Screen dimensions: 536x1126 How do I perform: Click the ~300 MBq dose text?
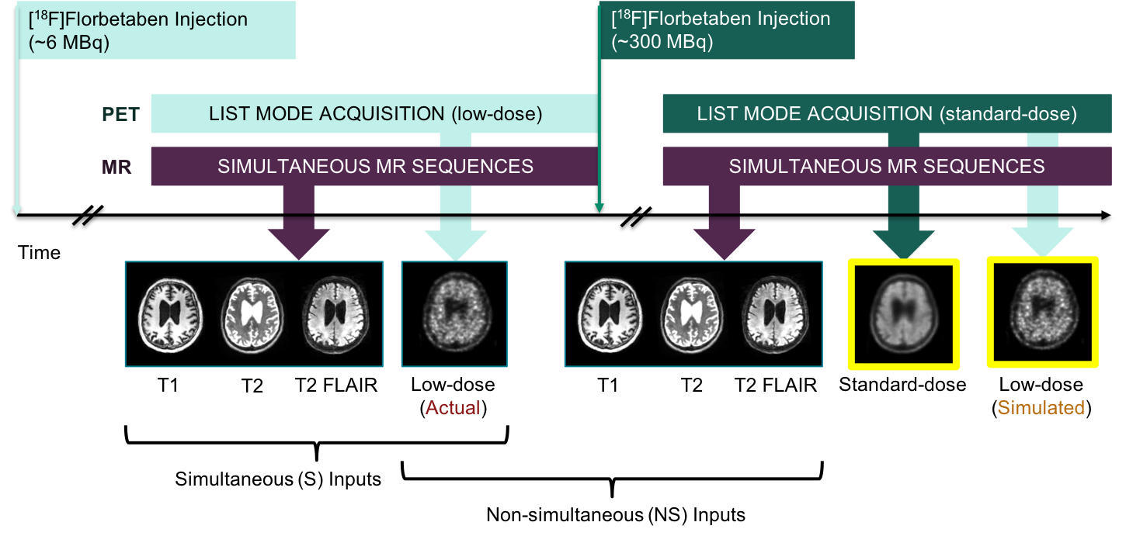pyautogui.click(x=662, y=42)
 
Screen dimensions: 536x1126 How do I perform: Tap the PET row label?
pyautogui.click(x=120, y=115)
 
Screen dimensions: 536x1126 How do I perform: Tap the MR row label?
pyautogui.click(x=116, y=166)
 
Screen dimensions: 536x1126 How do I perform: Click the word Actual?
pyautogui.click(x=453, y=407)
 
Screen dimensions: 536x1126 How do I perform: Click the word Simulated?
pyautogui.click(x=1041, y=407)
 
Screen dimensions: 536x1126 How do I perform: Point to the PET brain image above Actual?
pyautogui.click(x=454, y=313)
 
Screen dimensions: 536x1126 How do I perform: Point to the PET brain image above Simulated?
pyautogui.click(x=1042, y=313)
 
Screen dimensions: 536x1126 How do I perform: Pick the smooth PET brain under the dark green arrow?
pyautogui.click(x=903, y=313)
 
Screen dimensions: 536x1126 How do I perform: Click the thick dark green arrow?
pyautogui.click(x=903, y=225)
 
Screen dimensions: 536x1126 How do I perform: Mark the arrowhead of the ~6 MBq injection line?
pyautogui.click(x=17, y=209)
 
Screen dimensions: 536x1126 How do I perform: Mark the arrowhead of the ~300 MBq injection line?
pyautogui.click(x=599, y=207)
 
